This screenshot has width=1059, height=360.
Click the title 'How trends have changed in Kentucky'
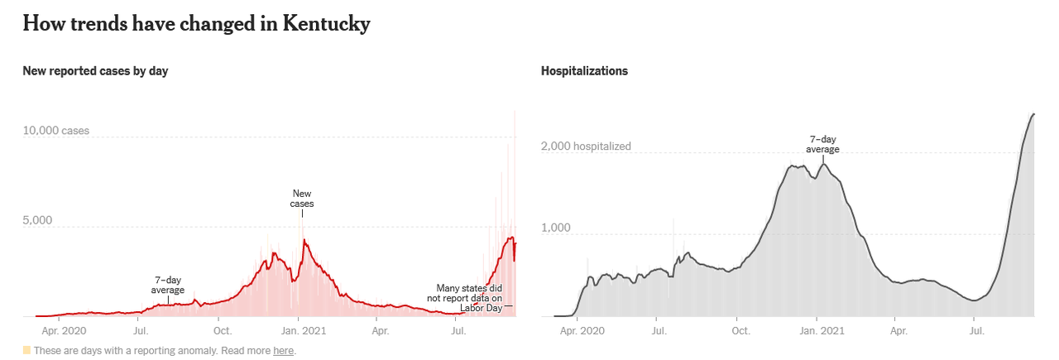pyautogui.click(x=196, y=24)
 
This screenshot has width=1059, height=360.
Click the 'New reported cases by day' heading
pyautogui.click(x=95, y=71)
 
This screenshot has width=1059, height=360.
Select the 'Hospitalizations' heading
pyautogui.click(x=584, y=71)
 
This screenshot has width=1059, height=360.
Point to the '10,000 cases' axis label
pyautogui.click(x=55, y=131)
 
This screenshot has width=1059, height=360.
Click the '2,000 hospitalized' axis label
pyautogui.click(x=586, y=146)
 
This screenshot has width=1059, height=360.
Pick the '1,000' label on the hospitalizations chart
pyautogui.click(x=557, y=228)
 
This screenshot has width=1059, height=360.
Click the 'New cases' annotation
pyautogui.click(x=302, y=199)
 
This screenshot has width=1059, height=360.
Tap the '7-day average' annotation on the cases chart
pyautogui.click(x=168, y=286)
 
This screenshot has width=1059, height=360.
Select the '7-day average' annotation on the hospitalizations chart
pyautogui.click(x=823, y=145)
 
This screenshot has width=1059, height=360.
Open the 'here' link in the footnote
pyautogui.click(x=284, y=351)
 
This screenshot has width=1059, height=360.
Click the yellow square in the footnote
pyautogui.click(x=26, y=351)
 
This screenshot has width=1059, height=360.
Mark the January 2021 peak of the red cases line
pyautogui.click(x=304, y=240)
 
